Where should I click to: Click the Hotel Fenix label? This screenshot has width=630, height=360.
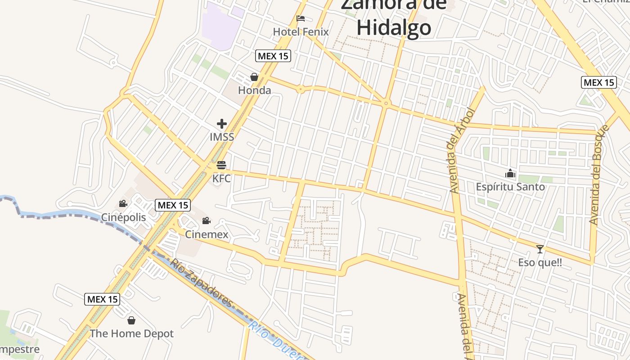301,32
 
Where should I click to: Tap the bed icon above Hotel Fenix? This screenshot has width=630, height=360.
301,18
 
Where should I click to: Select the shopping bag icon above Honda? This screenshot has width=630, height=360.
254,77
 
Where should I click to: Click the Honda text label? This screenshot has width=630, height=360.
255,90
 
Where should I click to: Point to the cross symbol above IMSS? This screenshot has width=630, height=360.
222,123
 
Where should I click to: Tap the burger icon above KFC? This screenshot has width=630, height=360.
221,165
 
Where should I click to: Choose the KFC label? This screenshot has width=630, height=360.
221,179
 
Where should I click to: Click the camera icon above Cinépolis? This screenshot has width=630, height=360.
123,204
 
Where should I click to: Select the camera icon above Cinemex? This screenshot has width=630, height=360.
206,220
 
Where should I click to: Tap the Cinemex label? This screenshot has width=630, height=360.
207,234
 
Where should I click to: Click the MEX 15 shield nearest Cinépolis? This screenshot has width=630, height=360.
173,205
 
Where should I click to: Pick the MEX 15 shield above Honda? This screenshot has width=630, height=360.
273,56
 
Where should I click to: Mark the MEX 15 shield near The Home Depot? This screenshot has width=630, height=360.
102,299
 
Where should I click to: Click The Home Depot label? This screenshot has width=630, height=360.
131,334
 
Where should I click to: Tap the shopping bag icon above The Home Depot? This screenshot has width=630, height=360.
131,320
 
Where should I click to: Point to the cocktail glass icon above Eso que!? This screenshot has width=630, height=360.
540,249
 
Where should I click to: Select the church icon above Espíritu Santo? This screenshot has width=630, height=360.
510,173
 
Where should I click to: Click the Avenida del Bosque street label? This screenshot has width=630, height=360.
600,175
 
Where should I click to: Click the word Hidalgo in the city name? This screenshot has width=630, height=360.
394,28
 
